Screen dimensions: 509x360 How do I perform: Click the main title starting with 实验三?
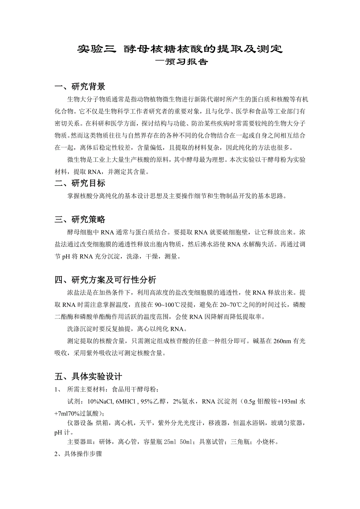click(180, 49)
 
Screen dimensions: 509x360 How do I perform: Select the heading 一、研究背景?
click(80, 86)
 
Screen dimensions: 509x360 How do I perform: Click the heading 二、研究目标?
click(80, 183)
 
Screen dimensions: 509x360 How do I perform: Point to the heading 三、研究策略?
click(80, 219)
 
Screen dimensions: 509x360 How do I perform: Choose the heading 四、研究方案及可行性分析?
click(105, 280)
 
